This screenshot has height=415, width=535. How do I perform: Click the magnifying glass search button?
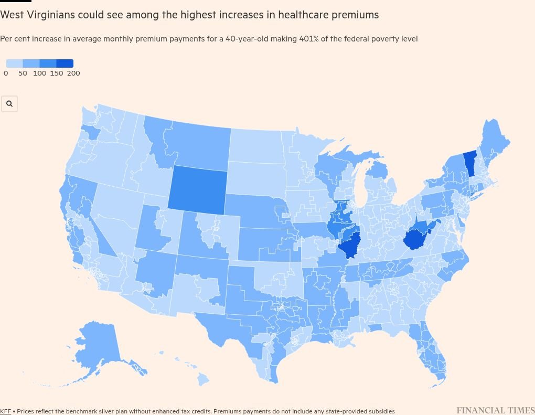click(x=9, y=104)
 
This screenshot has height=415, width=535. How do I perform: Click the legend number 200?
click(x=73, y=73)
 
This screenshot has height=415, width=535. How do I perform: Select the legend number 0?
click(x=6, y=73)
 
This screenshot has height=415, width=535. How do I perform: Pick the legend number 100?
click(x=40, y=73)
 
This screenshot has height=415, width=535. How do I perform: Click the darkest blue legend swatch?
click(x=65, y=63)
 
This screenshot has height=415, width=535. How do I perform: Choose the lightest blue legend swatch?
click(x=15, y=63)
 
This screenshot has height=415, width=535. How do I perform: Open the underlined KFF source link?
click(x=5, y=411)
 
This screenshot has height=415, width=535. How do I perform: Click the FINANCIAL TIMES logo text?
click(x=495, y=410)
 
